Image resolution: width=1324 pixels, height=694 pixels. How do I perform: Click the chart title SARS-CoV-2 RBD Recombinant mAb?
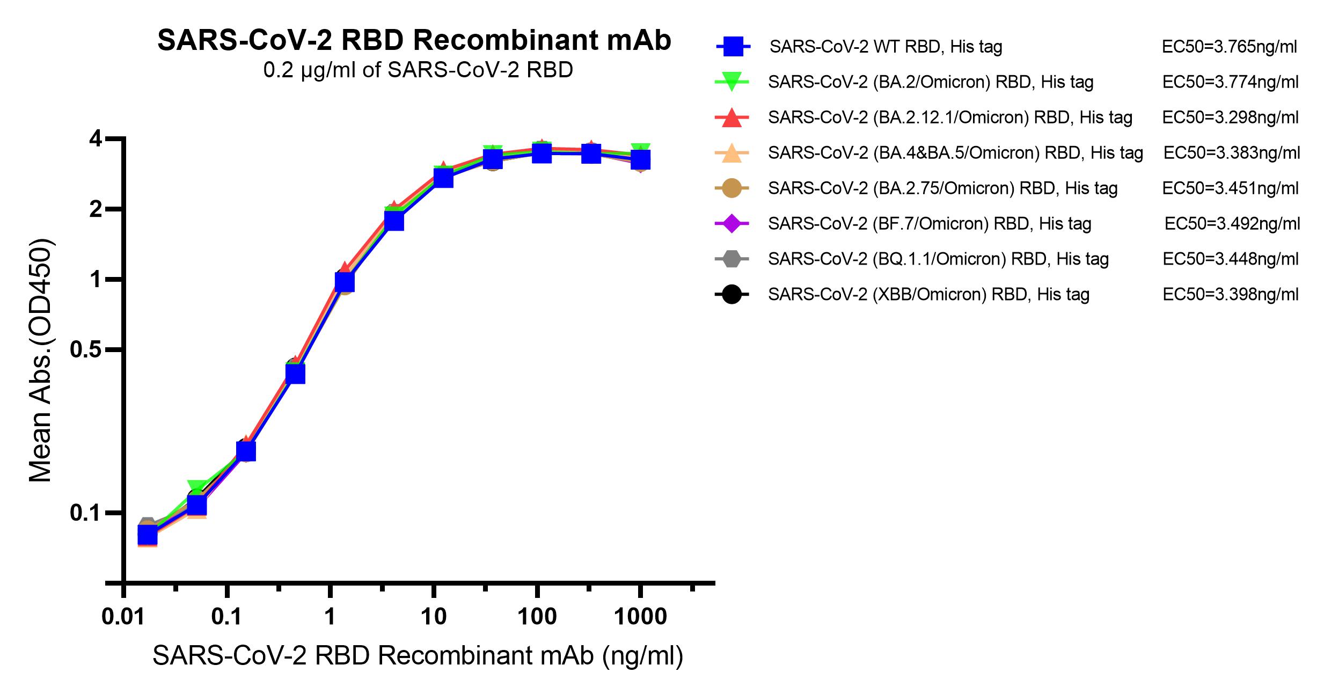coord(414,41)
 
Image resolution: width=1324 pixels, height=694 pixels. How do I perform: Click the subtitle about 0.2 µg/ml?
coord(418,70)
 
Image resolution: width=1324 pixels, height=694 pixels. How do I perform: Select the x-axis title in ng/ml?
coord(418,656)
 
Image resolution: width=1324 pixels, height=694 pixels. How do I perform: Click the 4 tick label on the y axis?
coord(96,139)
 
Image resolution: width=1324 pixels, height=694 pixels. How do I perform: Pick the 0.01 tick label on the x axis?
coord(123,617)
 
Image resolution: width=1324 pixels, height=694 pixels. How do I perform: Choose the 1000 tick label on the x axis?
coord(640,617)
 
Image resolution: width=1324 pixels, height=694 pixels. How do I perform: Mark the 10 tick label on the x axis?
coord(433,617)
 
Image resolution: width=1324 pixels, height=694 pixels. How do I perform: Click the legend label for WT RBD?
coord(886,47)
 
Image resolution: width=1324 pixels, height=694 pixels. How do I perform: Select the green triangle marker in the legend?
coord(732,82)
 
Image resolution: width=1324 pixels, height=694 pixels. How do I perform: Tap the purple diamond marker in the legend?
coord(732,223)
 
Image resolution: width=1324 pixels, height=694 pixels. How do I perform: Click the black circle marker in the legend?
coord(732,294)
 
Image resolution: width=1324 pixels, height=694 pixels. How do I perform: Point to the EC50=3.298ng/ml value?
coord(1230,118)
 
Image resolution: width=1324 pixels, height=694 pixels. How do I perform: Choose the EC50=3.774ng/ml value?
coord(1230,82)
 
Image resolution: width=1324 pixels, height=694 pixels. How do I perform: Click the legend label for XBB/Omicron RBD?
coord(928,295)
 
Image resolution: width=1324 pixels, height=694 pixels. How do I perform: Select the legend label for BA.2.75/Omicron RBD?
coord(942,188)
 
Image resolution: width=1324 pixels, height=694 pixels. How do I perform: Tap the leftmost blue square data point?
coord(147,535)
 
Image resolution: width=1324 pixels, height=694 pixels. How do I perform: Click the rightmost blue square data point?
coord(640,159)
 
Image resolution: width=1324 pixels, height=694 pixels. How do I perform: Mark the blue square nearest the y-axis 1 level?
coord(345,281)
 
